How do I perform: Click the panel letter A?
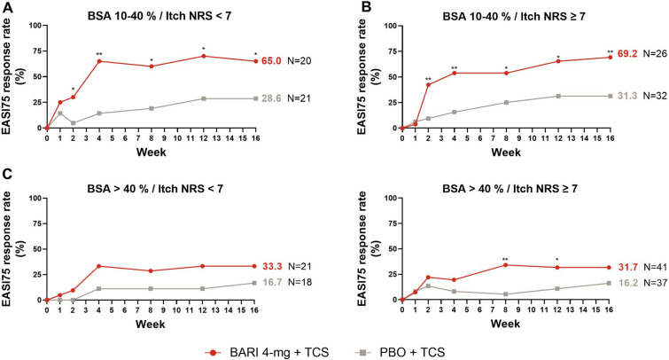tap(7, 7)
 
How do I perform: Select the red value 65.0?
tap(272, 61)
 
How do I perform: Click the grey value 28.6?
tap(272, 98)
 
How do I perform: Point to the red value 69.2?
tap(627, 57)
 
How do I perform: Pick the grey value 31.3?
tap(627, 96)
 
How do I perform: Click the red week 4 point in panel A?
tap(99, 61)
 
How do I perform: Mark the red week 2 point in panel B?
tap(428, 84)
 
